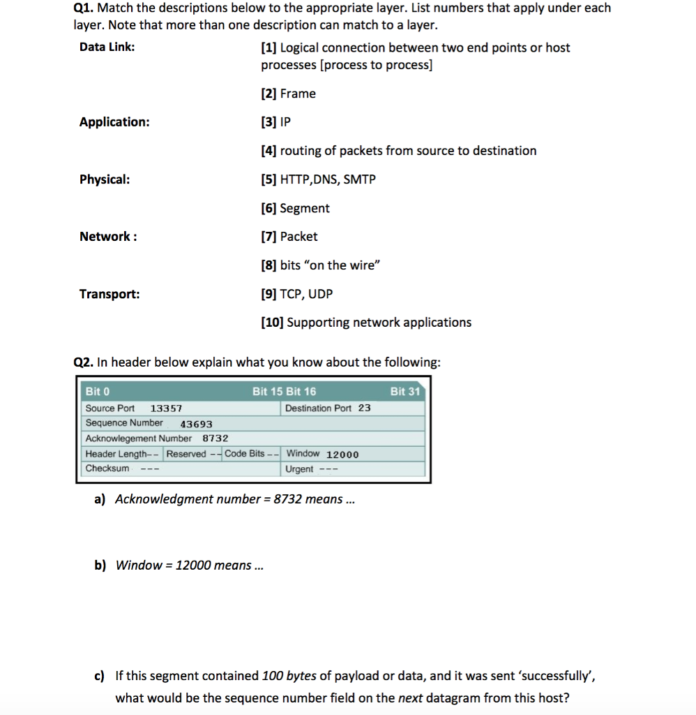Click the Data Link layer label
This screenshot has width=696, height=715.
tap(107, 47)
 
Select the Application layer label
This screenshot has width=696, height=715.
tap(114, 122)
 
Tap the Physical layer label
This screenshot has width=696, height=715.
tap(104, 179)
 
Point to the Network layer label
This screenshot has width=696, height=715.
tap(107, 237)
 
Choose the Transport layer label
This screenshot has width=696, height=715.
tap(109, 294)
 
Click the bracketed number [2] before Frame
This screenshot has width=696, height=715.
tap(268, 94)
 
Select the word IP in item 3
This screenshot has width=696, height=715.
tap(285, 122)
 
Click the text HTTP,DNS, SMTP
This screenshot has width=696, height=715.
tap(328, 179)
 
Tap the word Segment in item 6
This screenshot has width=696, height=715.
tap(305, 208)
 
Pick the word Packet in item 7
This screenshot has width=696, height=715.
tap(298, 237)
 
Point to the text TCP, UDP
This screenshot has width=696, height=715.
tap(306, 294)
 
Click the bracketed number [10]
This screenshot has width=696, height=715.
tap(272, 323)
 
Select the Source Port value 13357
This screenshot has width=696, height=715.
tap(166, 408)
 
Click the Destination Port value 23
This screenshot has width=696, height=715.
tap(365, 408)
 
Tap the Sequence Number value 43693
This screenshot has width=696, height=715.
tap(196, 424)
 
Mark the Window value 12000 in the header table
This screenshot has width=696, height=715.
tap(342, 455)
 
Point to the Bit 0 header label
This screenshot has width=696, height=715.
tap(98, 391)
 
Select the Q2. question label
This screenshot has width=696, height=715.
tap(84, 362)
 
